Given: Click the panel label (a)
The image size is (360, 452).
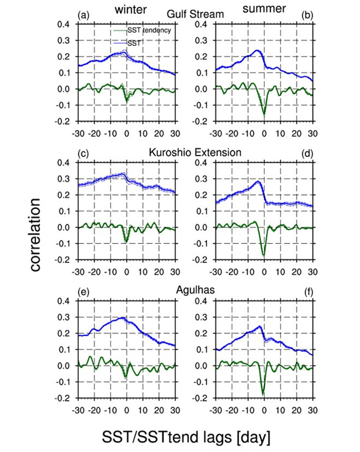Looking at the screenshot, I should [83, 15].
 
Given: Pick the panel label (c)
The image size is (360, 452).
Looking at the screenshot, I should [83, 153].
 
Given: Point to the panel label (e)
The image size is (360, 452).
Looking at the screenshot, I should [83, 292].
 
